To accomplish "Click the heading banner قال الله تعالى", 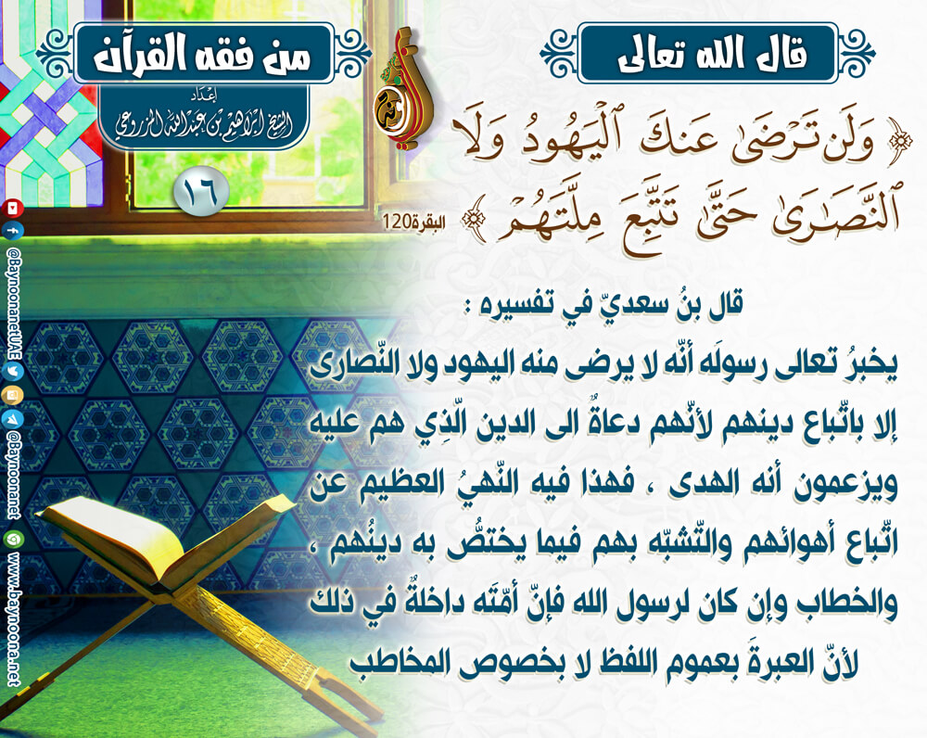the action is [x=707, y=54].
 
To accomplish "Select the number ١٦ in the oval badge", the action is [x=201, y=191].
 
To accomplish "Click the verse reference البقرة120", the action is [x=413, y=223].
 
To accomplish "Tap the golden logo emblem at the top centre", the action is [x=402, y=89].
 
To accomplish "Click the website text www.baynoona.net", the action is [x=14, y=621].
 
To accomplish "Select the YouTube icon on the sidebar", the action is [x=13, y=209].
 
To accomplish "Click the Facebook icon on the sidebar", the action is [x=13, y=230].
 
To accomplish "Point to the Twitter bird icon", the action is [x=13, y=372].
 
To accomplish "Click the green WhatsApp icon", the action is [x=13, y=539].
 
